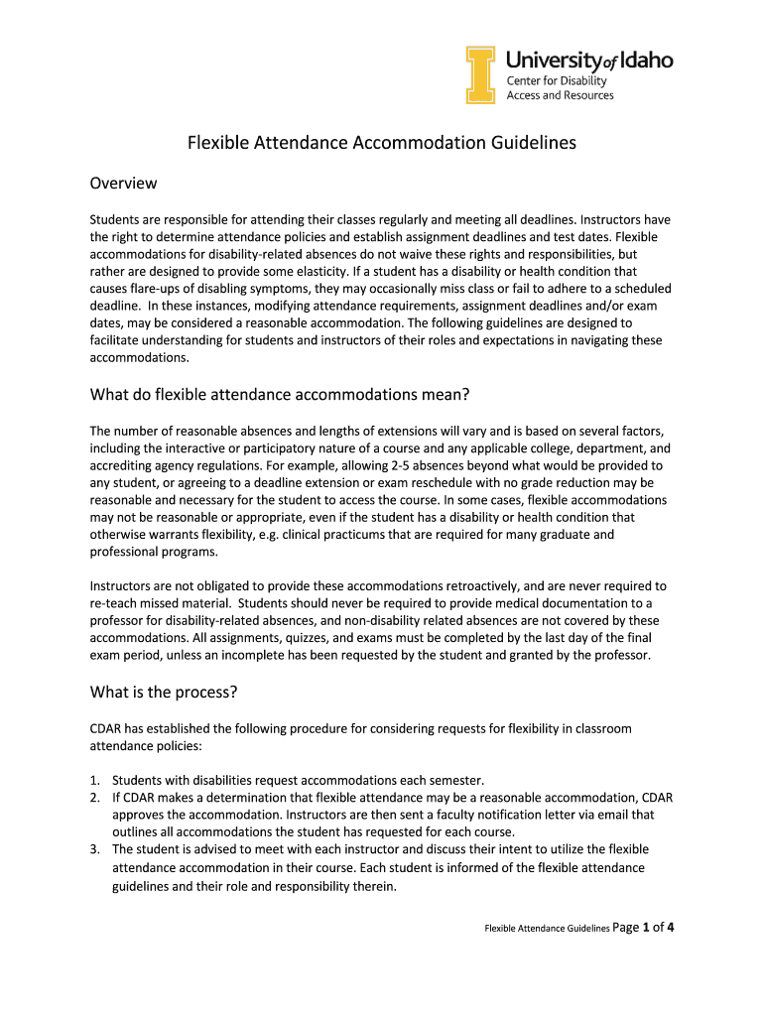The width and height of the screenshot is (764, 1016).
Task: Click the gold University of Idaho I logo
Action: pyautogui.click(x=481, y=75)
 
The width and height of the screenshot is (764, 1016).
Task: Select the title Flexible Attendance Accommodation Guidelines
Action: pyautogui.click(x=382, y=143)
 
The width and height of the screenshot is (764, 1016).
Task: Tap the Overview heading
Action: pyautogui.click(x=123, y=184)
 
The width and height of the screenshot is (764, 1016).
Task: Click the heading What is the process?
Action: pyautogui.click(x=164, y=692)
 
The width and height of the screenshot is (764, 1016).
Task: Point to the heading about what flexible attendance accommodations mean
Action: pyautogui.click(x=279, y=395)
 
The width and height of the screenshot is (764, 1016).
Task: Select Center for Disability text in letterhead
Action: pyautogui.click(x=557, y=80)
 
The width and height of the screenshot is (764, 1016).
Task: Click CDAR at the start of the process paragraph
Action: pyautogui.click(x=107, y=728)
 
